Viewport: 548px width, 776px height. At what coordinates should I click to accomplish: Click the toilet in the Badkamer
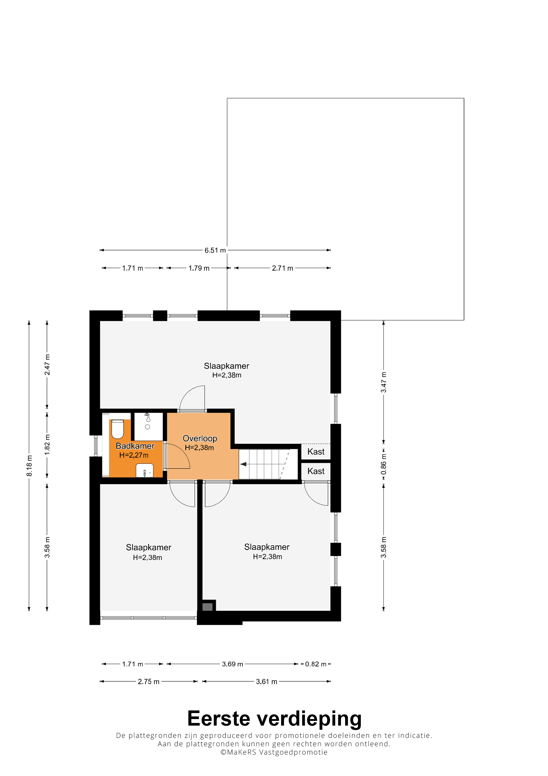(x=117, y=429)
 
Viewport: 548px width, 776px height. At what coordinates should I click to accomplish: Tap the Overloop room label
(x=200, y=438)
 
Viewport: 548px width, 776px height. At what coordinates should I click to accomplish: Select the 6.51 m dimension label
(x=215, y=250)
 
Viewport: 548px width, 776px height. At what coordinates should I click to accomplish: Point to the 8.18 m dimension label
(x=29, y=466)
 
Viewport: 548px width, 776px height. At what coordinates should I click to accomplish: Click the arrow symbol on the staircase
(x=243, y=464)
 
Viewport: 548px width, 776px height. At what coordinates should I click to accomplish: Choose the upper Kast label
(x=316, y=452)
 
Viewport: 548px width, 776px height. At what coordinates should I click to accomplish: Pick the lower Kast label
(x=316, y=471)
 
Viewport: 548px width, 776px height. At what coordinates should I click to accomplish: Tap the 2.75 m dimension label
(x=148, y=682)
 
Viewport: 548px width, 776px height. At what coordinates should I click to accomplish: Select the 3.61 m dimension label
(x=266, y=682)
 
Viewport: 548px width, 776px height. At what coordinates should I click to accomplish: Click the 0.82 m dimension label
(x=316, y=664)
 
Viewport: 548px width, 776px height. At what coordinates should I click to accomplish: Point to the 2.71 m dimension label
(x=283, y=268)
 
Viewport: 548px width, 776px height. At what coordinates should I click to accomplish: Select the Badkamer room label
(x=135, y=446)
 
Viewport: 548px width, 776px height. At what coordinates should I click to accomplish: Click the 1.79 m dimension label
(x=199, y=268)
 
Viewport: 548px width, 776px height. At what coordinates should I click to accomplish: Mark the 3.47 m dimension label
(x=384, y=382)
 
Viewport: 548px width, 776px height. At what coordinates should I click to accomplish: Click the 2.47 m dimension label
(x=47, y=365)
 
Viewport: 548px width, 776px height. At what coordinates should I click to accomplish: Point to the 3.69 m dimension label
(x=232, y=664)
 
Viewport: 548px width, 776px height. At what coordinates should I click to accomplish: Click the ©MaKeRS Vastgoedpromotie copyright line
(x=274, y=752)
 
